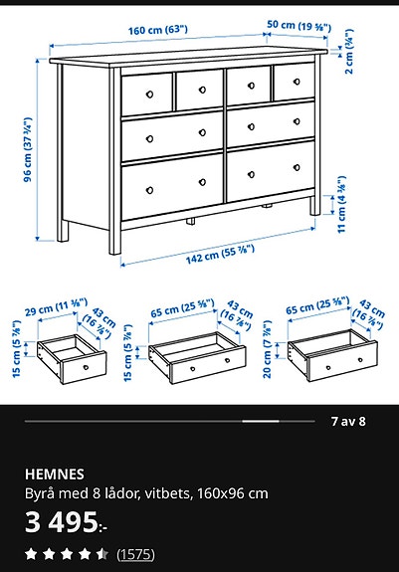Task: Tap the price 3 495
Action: point(62,521)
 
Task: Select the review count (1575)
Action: point(135,553)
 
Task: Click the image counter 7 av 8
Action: point(348,421)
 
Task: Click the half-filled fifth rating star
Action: point(102,553)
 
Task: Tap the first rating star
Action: point(31,553)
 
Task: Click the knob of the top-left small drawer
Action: point(147,93)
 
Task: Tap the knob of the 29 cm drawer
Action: point(86,366)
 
